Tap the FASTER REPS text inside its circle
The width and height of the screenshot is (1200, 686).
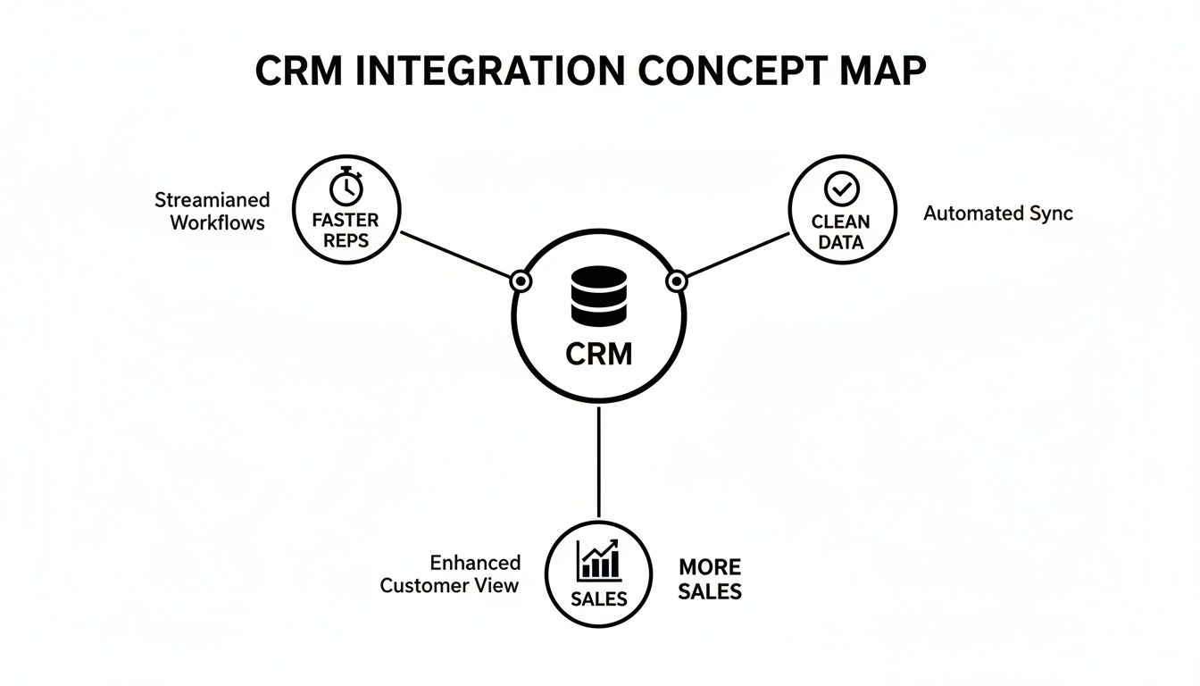tap(346, 230)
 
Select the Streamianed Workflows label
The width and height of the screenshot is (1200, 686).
tap(212, 211)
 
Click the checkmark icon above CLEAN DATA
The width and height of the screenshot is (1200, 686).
tap(840, 188)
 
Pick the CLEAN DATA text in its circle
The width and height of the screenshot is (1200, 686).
tap(840, 230)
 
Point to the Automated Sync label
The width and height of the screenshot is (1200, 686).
tap(997, 213)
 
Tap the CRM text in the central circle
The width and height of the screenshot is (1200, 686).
tap(598, 354)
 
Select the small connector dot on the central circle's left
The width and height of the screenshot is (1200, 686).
tap(521, 281)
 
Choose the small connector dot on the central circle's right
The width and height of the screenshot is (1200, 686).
tap(676, 281)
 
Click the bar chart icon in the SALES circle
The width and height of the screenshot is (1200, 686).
tap(598, 560)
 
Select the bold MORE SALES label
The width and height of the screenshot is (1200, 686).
tap(710, 579)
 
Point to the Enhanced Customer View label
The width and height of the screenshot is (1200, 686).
tap(451, 574)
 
